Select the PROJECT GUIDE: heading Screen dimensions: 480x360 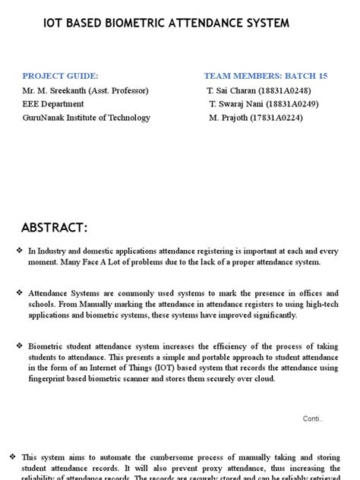(61, 76)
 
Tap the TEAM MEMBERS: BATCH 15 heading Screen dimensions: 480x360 (266, 76)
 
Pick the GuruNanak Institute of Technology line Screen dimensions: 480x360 (87, 118)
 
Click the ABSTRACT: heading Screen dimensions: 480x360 (55, 228)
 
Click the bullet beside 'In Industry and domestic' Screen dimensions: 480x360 (18, 250)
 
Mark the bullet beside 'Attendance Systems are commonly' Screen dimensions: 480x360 (18, 292)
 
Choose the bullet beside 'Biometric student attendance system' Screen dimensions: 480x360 (18, 346)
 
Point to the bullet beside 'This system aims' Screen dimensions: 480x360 (12, 456)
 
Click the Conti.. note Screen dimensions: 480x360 (313, 418)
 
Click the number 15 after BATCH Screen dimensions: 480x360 (322, 76)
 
